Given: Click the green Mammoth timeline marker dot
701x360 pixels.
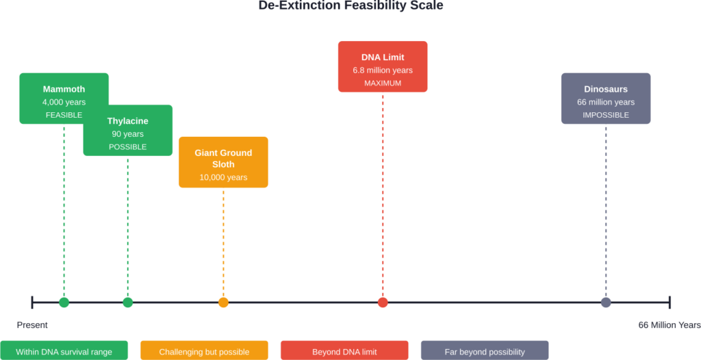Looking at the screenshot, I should [x=64, y=303].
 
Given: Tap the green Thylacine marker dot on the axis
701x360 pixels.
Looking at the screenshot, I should [x=127, y=303].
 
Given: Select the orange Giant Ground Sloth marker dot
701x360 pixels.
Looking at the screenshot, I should [x=223, y=303].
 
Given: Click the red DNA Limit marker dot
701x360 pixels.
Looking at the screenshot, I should [x=383, y=303].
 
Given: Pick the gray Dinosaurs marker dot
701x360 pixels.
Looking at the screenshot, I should [x=606, y=303].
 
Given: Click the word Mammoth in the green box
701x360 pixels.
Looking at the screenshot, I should [x=64, y=89].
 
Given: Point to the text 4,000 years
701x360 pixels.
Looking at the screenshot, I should [x=64, y=102].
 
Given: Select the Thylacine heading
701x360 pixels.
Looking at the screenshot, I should [x=127, y=121].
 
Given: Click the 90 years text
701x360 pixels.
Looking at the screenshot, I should [x=127, y=134].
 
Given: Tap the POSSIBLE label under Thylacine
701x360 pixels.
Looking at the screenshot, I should [x=127, y=147].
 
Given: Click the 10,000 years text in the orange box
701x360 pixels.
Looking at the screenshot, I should [x=223, y=177].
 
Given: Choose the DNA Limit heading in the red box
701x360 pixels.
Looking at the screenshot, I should [x=383, y=57].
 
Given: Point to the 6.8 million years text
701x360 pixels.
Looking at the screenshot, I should [x=383, y=70].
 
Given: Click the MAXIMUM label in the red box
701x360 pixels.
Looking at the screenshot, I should [x=383, y=83].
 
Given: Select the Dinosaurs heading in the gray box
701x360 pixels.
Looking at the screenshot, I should [x=606, y=89].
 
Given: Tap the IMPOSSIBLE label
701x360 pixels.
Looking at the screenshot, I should [x=606, y=115].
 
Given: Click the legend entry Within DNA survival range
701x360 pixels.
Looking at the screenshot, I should [x=64, y=352].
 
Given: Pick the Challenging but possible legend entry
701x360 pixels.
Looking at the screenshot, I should [x=204, y=352].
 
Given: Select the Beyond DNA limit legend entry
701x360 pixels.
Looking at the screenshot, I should [x=344, y=352].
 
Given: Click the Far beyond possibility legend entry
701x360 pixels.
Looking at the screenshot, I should [x=485, y=352].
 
